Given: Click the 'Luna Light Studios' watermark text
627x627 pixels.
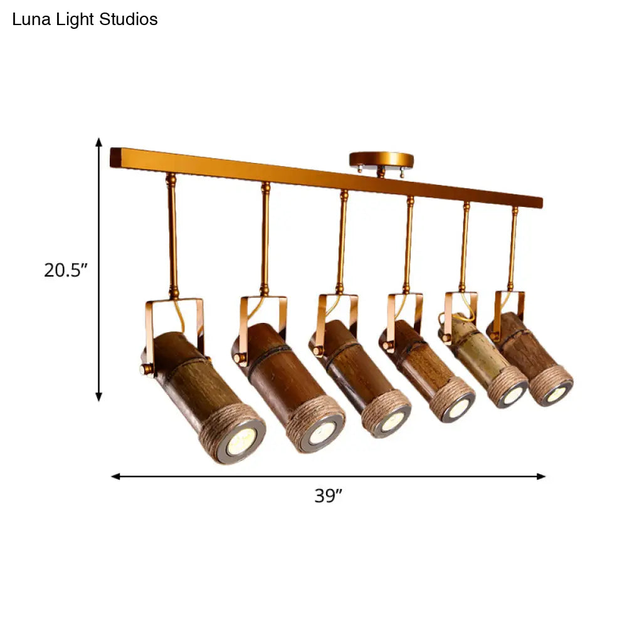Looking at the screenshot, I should [x=85, y=19].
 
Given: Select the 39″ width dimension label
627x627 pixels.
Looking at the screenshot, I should [x=328, y=496].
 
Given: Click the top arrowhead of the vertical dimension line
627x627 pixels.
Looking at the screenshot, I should [x=98, y=142].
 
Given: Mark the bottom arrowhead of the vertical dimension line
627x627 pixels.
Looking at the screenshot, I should [x=98, y=396].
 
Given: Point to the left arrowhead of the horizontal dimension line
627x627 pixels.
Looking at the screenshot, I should [x=115, y=477].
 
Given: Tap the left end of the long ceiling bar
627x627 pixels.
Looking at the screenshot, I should [x=115, y=157].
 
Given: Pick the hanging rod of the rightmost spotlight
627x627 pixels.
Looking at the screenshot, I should [x=514, y=248].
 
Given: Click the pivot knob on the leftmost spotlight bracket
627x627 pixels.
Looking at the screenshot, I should [x=147, y=369].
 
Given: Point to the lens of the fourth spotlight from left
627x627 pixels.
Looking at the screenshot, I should [x=459, y=409].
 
